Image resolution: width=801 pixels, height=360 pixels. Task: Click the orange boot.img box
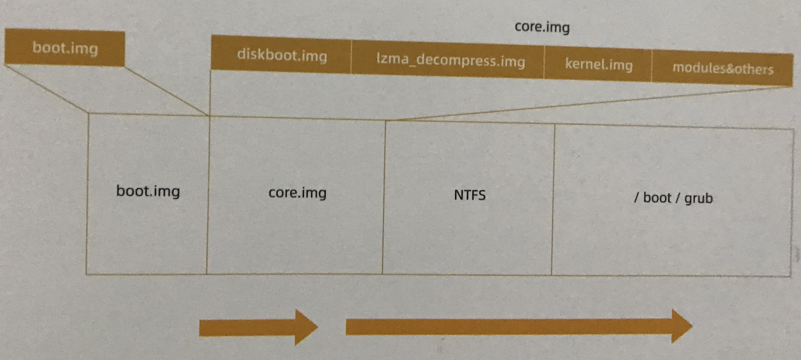pos(65,48)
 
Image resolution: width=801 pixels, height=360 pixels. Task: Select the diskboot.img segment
pos(281,56)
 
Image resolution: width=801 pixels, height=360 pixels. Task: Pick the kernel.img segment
pos(598,64)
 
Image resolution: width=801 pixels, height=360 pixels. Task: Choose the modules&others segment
pos(722,69)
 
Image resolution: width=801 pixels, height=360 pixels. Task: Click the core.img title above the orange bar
pos(542,27)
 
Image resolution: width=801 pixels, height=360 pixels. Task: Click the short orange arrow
pos(258,328)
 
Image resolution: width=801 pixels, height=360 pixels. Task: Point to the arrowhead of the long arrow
pos(681,327)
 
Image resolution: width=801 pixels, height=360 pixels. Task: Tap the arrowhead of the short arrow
pos(305,328)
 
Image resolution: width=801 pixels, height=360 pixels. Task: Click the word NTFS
pos(470,195)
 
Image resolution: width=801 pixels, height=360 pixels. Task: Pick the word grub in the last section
pos(698,199)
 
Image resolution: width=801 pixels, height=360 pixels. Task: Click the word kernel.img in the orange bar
pos(598,64)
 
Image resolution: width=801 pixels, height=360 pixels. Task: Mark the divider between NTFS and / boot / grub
pos(553,199)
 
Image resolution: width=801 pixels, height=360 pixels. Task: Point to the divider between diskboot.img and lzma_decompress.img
pos(351,57)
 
